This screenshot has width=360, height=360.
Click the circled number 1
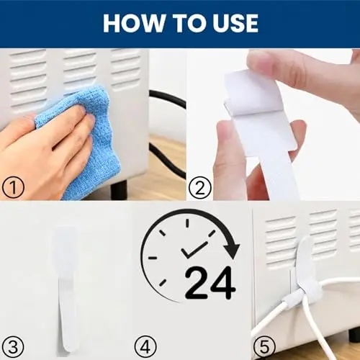pos(13,187)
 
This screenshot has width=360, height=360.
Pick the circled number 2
pos(200,187)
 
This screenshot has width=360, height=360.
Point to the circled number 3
pos(13,347)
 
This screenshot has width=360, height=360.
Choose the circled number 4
pos(145,347)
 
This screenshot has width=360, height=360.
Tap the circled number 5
pos(265,347)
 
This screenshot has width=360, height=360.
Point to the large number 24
pos(210,283)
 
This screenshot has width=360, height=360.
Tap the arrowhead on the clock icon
pos(231,251)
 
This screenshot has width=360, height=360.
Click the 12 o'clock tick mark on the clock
pos(187,223)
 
